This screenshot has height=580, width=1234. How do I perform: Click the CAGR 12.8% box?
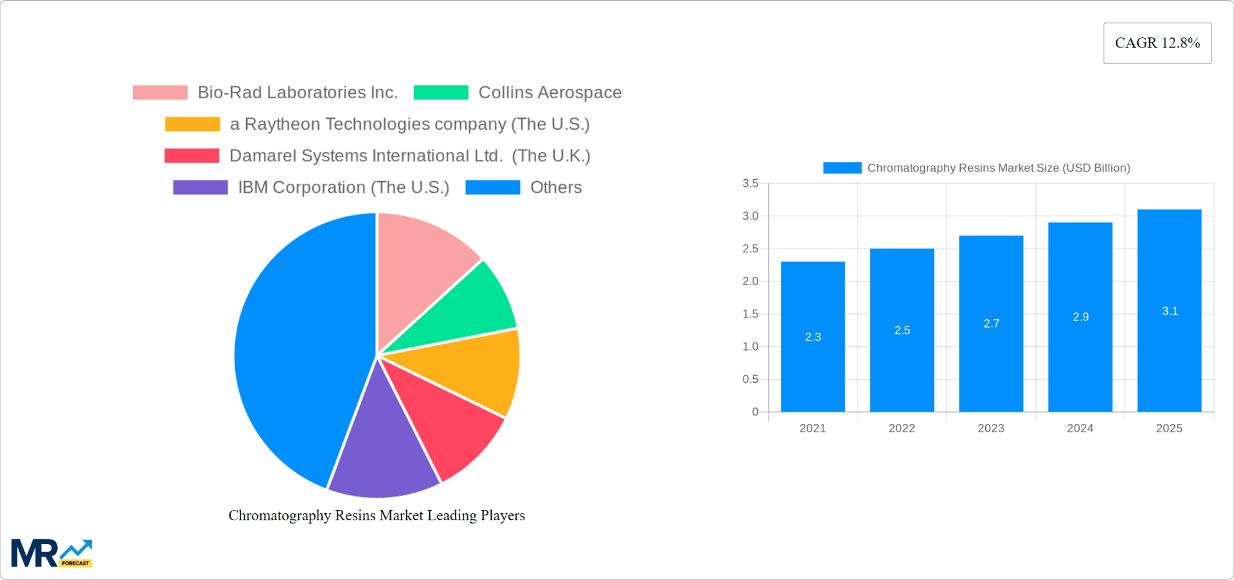pos(1157,43)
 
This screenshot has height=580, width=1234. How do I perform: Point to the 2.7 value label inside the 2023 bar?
pos(991,324)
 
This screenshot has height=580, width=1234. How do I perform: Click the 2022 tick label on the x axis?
pos(901,428)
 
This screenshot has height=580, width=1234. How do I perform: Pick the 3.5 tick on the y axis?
pos(750,184)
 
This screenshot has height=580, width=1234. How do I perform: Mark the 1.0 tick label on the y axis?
pos(750,347)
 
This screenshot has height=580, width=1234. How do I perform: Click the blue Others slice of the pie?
pos(296,347)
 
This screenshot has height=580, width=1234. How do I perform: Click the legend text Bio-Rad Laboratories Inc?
pos(297,92)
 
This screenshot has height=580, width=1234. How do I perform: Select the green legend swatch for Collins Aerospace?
pos(441,92)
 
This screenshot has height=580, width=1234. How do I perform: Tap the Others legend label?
pos(555,188)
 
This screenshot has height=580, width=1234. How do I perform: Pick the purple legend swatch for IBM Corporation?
pos(200,188)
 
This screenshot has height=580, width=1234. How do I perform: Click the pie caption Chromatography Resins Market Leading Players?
pos(377,516)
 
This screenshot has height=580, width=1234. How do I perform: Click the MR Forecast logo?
pos(51,553)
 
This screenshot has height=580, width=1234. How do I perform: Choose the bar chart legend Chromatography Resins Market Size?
pos(998,168)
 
